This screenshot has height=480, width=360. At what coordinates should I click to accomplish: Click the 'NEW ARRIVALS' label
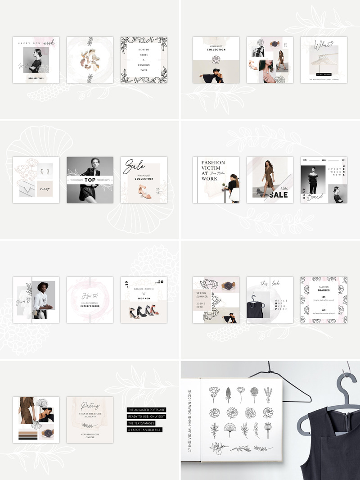pos(36,78)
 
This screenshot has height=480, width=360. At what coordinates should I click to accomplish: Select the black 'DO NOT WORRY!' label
pos(324,74)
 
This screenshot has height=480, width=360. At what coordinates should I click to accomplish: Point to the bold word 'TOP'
pos(90,180)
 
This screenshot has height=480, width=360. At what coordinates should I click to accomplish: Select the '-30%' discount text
pos(283,189)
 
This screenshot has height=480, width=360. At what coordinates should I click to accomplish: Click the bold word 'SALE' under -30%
pos(279,195)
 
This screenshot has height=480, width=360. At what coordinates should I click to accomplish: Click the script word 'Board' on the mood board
pos(315,196)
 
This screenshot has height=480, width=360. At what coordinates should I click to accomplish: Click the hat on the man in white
pos(43,286)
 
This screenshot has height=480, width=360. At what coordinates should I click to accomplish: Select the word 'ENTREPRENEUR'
pos(90,306)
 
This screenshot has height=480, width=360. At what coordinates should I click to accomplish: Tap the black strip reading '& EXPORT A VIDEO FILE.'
pos(144,430)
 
